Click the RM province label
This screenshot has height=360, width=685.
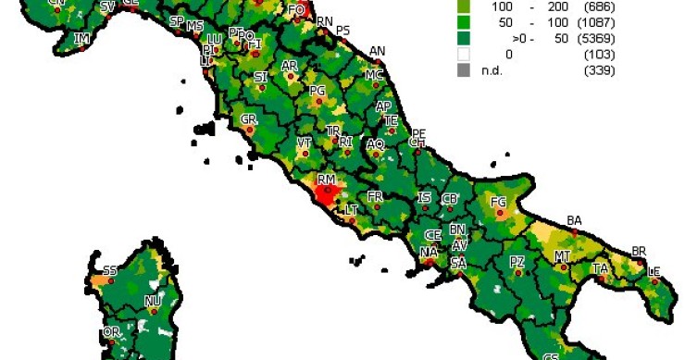[x=326, y=179]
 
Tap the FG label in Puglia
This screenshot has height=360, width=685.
[x=498, y=202]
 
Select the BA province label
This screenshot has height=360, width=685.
[x=574, y=220]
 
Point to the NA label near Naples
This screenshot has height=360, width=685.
[x=428, y=252]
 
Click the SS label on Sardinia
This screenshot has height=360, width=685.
[x=110, y=270]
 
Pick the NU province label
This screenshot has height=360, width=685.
[x=153, y=302]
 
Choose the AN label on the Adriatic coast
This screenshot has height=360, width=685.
[x=377, y=51]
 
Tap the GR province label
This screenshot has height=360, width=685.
[x=248, y=119]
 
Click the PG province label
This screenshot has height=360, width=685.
[x=318, y=91]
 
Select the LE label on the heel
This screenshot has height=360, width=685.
[x=654, y=271]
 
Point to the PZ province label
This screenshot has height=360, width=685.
[x=517, y=262]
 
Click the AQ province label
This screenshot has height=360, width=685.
[x=375, y=144]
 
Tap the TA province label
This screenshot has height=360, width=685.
[x=601, y=268]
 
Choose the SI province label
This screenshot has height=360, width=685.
[x=260, y=77]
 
